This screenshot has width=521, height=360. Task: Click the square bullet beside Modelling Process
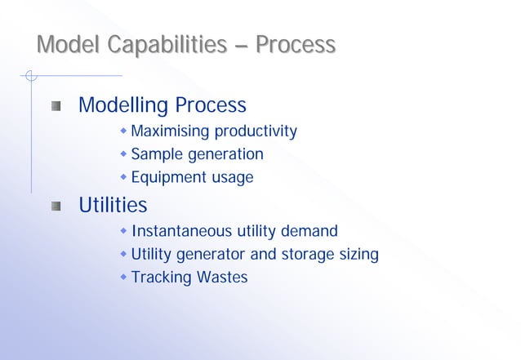56,106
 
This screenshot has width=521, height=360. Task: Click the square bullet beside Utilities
56,205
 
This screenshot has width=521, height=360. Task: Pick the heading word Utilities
113,204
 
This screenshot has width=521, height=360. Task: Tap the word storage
308,255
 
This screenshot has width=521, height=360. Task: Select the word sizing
358,255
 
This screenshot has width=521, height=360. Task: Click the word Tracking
160,278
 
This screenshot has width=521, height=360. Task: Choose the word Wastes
220,278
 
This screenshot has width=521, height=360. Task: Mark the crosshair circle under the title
30,77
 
